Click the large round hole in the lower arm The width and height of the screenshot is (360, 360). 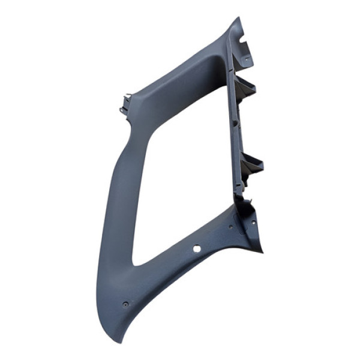point(197,248)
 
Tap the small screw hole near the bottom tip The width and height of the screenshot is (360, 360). point(125,304)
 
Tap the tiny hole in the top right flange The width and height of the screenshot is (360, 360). point(246,58)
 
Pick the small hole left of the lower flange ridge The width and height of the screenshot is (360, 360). point(231,227)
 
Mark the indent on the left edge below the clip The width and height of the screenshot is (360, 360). point(128,123)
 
